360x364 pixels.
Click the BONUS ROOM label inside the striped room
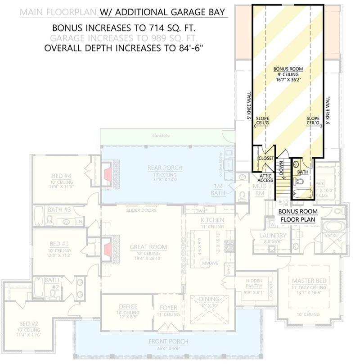click(x=288, y=69)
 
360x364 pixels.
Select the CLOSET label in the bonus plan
click(x=265, y=158)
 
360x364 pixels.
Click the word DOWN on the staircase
click(x=282, y=168)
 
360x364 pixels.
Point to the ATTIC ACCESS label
click(x=265, y=177)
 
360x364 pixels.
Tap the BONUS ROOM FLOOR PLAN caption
click(x=297, y=215)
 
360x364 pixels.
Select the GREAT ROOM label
click(x=148, y=247)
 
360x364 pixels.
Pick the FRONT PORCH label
click(x=168, y=341)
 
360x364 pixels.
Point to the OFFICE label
click(x=127, y=306)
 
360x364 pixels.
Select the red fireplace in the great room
click(x=108, y=249)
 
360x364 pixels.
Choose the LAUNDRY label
click(x=274, y=235)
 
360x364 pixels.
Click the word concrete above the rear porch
click(x=161, y=135)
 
